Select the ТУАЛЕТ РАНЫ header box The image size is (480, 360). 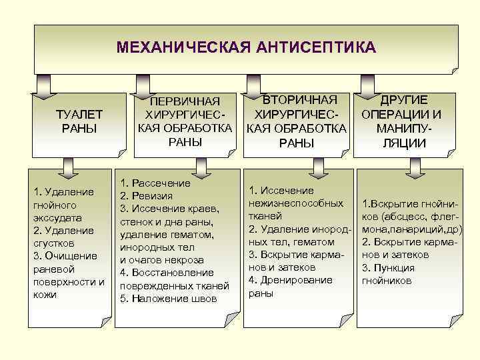pyautogui.click(x=79, y=121)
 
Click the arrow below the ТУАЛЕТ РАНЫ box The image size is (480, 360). pyautogui.click(x=67, y=167)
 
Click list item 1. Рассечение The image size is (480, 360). pyautogui.click(x=155, y=183)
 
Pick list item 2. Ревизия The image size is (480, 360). pyautogui.click(x=146, y=196)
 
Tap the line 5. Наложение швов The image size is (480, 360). pyautogui.click(x=168, y=299)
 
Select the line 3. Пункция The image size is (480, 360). pyautogui.click(x=388, y=267)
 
